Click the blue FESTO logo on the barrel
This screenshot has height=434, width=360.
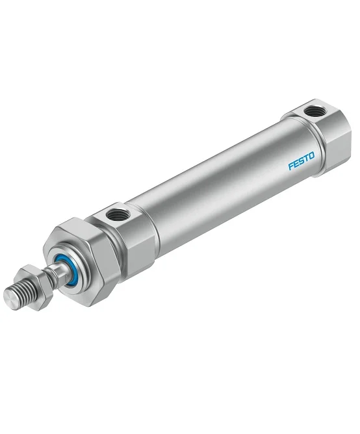coord(302,160)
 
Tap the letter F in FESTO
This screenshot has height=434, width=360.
coord(290,166)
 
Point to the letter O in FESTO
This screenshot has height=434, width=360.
coord(311,155)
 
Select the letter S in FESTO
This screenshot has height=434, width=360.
coord(301,160)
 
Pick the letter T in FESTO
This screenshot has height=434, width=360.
coord(306,158)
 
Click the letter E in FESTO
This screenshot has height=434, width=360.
coord(296,163)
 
